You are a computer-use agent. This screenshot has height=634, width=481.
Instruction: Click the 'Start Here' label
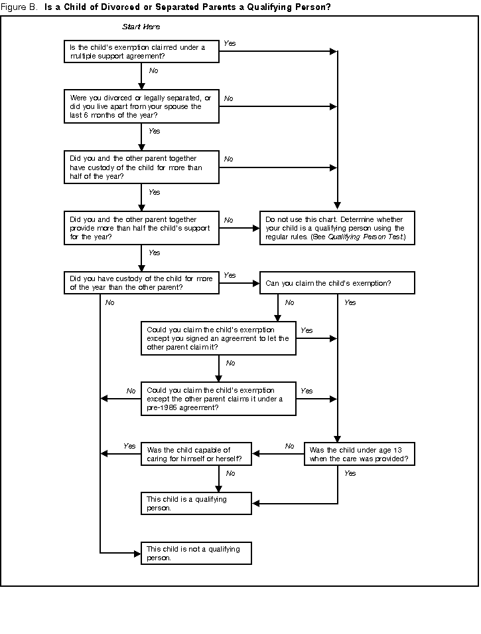point(141,27)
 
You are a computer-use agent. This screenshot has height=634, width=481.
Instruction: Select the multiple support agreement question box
point(141,52)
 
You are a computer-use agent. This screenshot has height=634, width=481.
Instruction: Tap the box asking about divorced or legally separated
point(141,106)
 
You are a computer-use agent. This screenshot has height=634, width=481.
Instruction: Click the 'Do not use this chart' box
point(337,228)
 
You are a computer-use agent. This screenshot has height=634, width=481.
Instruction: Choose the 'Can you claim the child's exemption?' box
point(337,283)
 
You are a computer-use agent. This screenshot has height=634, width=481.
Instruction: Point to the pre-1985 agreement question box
point(218,399)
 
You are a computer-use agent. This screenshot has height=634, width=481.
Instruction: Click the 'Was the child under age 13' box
point(359,454)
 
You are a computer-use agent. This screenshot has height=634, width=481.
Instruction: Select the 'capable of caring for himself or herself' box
point(196,454)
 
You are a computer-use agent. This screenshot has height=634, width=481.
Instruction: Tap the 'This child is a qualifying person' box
point(196,503)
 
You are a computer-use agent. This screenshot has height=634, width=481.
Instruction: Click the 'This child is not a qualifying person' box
point(196,554)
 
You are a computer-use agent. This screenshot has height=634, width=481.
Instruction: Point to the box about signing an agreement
point(218,338)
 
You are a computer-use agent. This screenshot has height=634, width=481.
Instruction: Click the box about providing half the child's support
point(141,228)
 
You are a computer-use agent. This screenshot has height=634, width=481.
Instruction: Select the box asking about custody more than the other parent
point(141,283)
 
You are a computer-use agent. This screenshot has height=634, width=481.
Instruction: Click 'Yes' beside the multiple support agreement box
point(230,43)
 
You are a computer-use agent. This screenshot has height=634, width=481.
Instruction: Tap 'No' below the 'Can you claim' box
point(289,302)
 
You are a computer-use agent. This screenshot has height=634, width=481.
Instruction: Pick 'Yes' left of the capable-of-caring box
point(129,446)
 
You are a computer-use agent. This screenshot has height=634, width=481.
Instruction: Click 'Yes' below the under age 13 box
point(350,473)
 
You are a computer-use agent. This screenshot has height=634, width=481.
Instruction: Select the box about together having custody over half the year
point(141,167)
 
